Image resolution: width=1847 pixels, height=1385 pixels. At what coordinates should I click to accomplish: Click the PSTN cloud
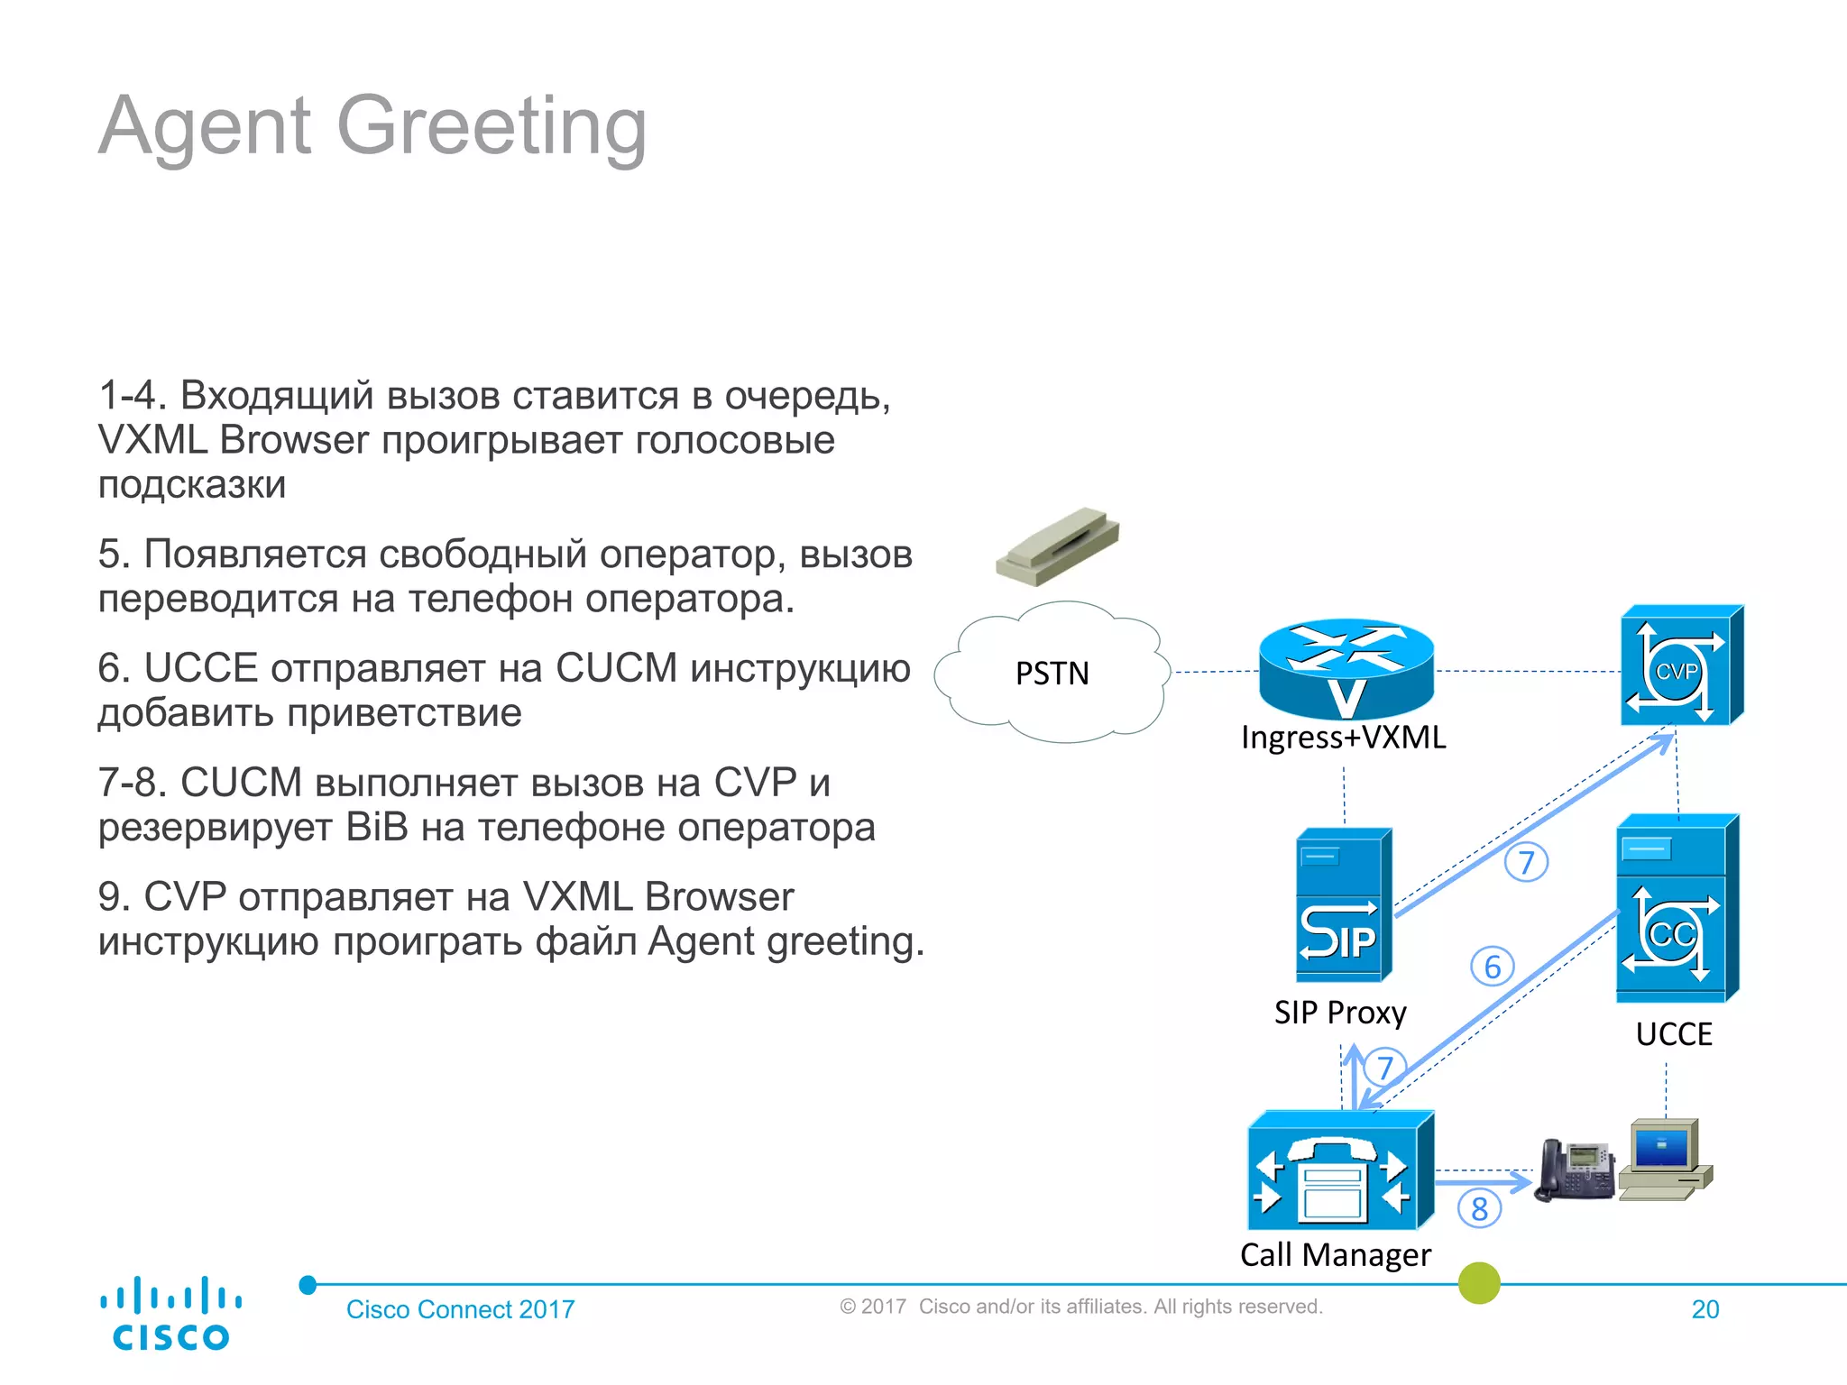point(1052,673)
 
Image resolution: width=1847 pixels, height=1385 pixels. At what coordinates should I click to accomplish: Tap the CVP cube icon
point(1681,667)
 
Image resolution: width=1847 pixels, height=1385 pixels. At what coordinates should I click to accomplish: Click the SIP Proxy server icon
point(1343,906)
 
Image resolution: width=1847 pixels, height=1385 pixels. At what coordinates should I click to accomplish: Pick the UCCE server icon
point(1676,909)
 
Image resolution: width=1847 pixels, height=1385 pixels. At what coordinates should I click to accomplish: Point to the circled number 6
point(1493,968)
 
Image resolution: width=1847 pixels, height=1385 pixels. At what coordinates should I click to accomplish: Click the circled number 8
point(1479,1209)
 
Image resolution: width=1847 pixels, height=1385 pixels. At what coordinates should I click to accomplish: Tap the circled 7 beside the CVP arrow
point(1526,863)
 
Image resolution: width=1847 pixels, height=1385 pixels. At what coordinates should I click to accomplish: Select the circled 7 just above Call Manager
point(1385,1068)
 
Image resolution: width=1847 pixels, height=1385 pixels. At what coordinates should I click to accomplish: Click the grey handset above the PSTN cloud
point(1058,546)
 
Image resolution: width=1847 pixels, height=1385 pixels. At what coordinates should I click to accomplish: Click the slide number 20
point(1705,1309)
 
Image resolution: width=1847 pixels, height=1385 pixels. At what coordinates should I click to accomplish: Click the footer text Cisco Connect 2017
point(460,1309)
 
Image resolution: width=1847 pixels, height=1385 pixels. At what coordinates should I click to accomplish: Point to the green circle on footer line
point(1479,1282)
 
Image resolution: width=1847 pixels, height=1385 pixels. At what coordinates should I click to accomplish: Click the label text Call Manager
point(1335,1255)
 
